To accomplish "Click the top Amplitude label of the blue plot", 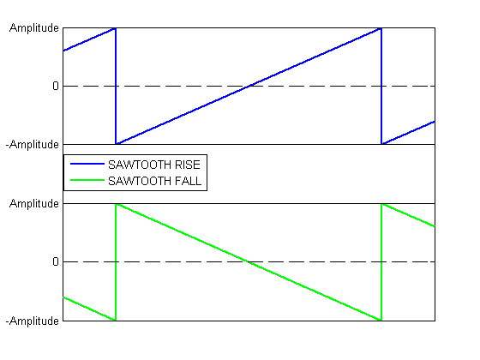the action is [x=34, y=28].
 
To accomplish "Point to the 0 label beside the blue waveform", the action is [x=56, y=86].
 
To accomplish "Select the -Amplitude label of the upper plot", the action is [x=33, y=145].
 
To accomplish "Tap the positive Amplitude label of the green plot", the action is [x=34, y=204].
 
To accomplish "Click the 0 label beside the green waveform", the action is [x=56, y=261].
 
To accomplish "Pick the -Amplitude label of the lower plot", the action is [x=33, y=321].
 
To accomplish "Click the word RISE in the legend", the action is [x=188, y=165].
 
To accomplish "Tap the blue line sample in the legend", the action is [x=87, y=164].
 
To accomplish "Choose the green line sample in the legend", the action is [x=87, y=180].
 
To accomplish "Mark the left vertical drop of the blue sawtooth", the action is [x=116, y=86].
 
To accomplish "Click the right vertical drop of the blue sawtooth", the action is [x=381, y=86].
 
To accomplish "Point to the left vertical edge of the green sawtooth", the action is [x=116, y=262].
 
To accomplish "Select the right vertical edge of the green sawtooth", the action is [x=381, y=262].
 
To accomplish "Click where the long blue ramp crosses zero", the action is [x=249, y=86].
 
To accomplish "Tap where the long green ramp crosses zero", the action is [x=249, y=262].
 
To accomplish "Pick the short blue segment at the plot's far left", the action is [x=89, y=39].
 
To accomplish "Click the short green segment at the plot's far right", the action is [x=408, y=215].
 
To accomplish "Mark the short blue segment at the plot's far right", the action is [x=408, y=133].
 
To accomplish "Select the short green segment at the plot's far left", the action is [x=89, y=309].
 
